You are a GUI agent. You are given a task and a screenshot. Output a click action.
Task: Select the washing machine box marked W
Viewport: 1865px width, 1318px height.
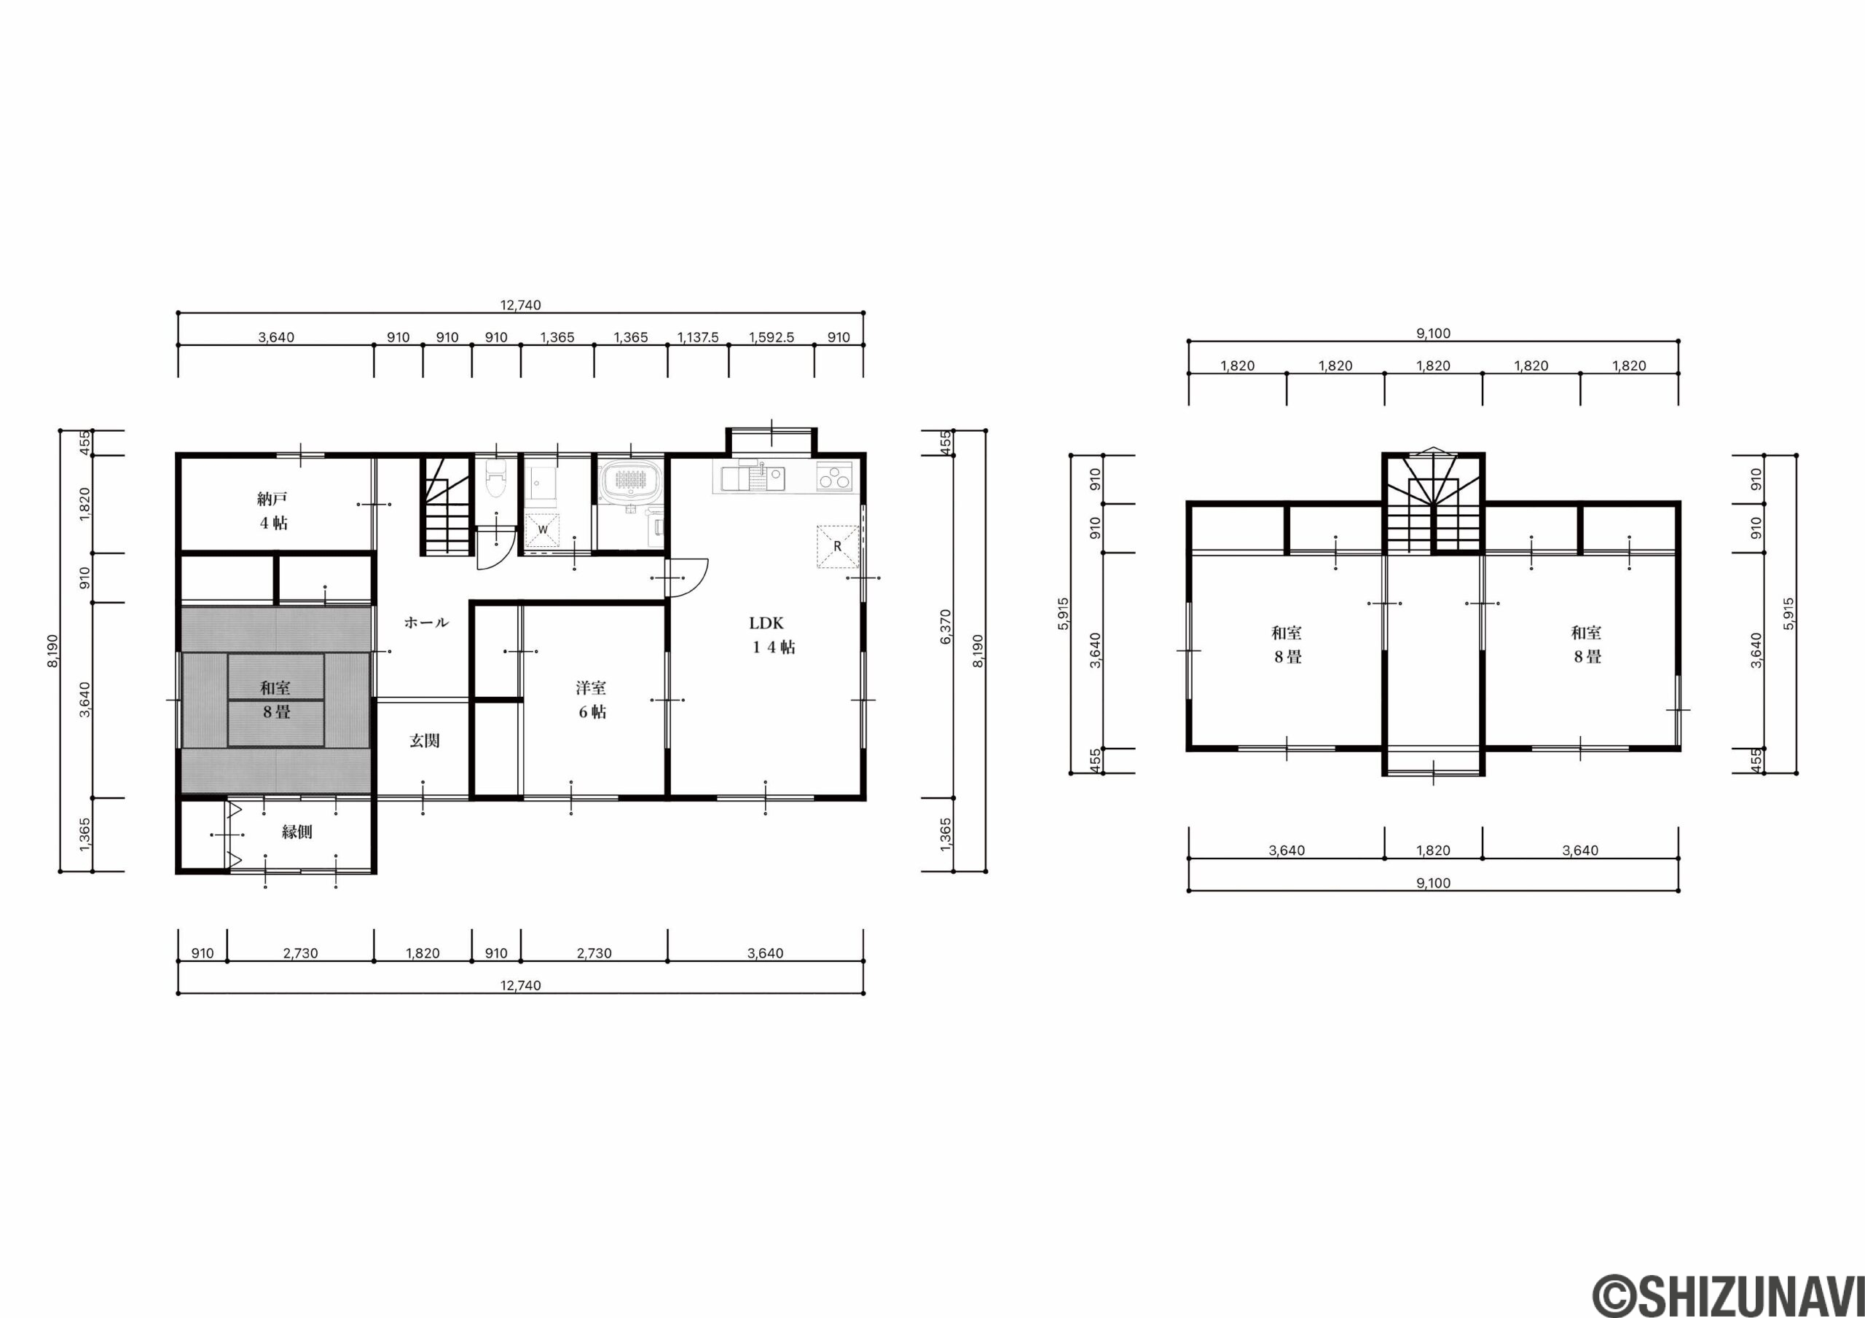coord(542,529)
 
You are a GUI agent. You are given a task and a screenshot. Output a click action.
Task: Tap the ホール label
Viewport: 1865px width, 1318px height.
coord(426,623)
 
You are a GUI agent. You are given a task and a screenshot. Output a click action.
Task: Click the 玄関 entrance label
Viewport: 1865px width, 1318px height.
coord(424,741)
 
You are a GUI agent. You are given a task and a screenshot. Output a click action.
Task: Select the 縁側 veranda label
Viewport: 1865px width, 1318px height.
coord(297,832)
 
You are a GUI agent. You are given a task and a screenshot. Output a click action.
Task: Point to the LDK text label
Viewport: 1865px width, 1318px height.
coord(766,623)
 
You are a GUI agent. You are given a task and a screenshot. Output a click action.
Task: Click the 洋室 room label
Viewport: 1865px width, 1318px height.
coord(591,688)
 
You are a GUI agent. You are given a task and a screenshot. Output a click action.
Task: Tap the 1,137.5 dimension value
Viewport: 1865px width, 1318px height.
coord(698,337)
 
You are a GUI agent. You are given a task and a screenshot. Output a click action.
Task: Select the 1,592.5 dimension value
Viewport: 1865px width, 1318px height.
coord(771,337)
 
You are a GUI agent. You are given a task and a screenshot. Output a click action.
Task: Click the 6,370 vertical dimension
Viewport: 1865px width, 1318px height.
coord(945,627)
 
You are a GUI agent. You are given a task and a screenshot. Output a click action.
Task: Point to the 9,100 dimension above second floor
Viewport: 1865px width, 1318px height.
coord(1433,333)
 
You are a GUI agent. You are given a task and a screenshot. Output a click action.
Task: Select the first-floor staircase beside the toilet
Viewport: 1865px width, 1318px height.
coord(446,506)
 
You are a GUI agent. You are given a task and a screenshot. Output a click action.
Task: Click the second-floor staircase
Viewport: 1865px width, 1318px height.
coord(1434,502)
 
